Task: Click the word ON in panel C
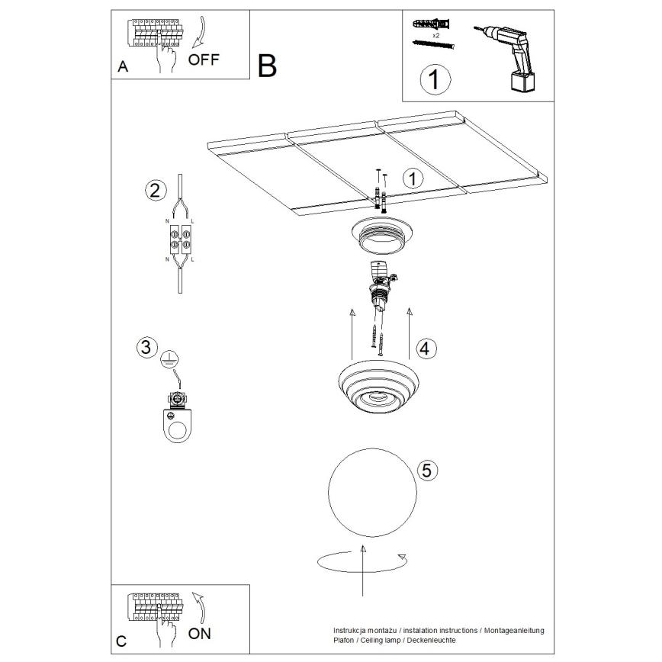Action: [x=200, y=633]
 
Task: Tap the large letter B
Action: [x=267, y=66]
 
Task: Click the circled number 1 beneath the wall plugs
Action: [x=433, y=79]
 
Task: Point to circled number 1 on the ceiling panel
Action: [x=412, y=178]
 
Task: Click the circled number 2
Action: [x=154, y=190]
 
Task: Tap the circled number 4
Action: [x=425, y=349]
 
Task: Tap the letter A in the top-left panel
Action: [x=122, y=67]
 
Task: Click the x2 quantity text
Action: [x=435, y=36]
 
